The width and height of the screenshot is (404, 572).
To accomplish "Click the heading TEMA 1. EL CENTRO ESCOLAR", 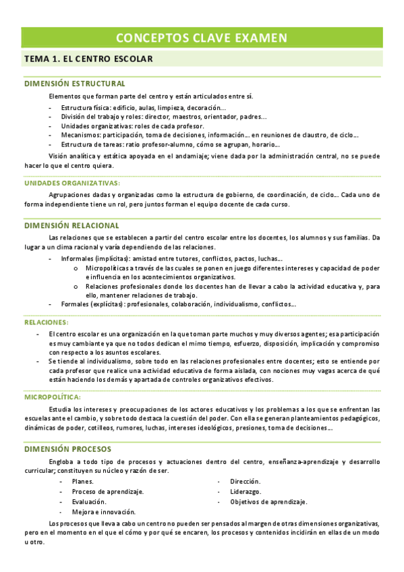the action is tap(88, 59).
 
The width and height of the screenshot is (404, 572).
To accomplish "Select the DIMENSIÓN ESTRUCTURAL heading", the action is tap(74, 84).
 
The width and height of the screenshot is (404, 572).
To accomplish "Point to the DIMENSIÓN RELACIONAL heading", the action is tap(71, 225).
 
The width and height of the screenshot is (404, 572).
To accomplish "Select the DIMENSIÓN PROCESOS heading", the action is tap(67, 449).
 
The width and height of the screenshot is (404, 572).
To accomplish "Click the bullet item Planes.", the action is tap(83, 482).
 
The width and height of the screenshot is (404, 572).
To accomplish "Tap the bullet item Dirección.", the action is tap(245, 481).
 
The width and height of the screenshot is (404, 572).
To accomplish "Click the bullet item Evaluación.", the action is tap(89, 502).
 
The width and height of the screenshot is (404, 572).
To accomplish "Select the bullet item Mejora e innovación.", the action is tap(104, 512).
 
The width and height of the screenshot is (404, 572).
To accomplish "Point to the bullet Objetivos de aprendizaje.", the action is tap(268, 501).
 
